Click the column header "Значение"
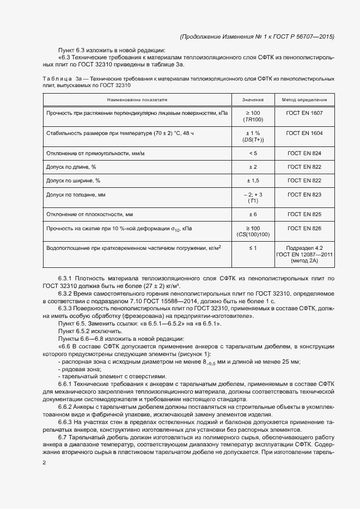[253, 100]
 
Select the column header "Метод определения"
[304, 100]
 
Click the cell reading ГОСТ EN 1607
[304, 113]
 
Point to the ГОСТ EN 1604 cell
[304, 133]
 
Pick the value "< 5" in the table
[253, 154]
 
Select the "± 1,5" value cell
[253, 180]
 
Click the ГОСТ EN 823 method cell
[304, 194]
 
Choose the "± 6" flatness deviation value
[253, 214]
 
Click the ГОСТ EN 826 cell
[304, 228]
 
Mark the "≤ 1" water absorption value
[253, 248]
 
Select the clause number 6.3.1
[65, 279]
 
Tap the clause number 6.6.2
[65, 407]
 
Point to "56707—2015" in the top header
[315, 37]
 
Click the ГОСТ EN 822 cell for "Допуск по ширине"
[304, 180]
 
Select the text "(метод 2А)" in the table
[304, 261]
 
